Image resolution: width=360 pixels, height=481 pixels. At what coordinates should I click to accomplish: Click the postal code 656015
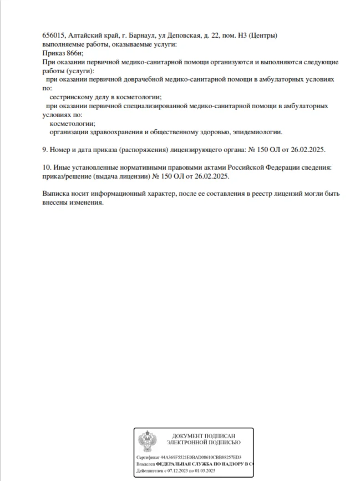[53, 36]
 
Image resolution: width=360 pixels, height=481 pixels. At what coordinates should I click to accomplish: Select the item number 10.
[47, 168]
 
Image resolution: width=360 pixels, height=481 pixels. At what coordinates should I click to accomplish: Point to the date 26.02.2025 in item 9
[307, 150]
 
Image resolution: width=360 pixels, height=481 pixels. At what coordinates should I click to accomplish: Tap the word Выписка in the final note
[55, 194]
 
